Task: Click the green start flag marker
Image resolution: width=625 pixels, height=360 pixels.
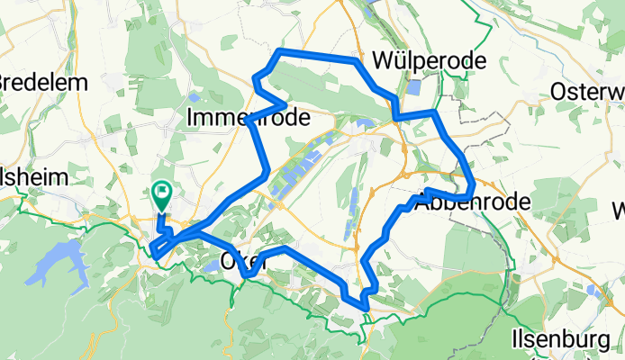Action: pyautogui.click(x=163, y=192)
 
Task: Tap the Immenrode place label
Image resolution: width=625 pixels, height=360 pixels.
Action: pyautogui.click(x=248, y=117)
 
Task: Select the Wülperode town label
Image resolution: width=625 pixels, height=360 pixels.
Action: pyautogui.click(x=430, y=61)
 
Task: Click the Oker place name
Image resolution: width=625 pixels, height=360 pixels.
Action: pyautogui.click(x=236, y=262)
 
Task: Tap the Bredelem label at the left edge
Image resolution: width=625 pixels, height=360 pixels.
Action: pyautogui.click(x=43, y=82)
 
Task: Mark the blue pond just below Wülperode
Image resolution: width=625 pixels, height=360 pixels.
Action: pyautogui.click(x=413, y=88)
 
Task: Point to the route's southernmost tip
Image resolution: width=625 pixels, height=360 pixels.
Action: pyautogui.click(x=366, y=309)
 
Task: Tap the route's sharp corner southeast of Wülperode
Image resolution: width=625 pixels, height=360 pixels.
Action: pyautogui.click(x=434, y=113)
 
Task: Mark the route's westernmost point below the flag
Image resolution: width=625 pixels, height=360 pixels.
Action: pyautogui.click(x=154, y=255)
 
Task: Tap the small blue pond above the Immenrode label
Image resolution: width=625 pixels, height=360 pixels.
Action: pyautogui.click(x=196, y=97)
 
